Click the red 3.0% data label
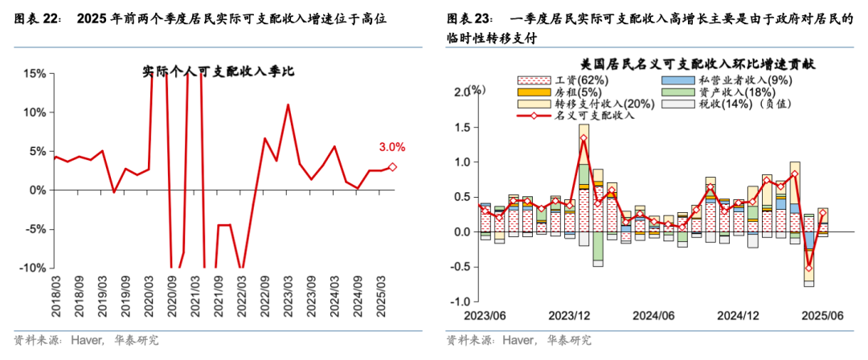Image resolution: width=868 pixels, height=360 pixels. tap(391, 147)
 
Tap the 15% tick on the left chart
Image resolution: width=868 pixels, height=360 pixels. tap(33, 73)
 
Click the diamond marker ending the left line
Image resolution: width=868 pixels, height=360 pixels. tap(392, 167)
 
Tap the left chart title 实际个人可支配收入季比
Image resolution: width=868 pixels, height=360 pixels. tap(219, 71)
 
